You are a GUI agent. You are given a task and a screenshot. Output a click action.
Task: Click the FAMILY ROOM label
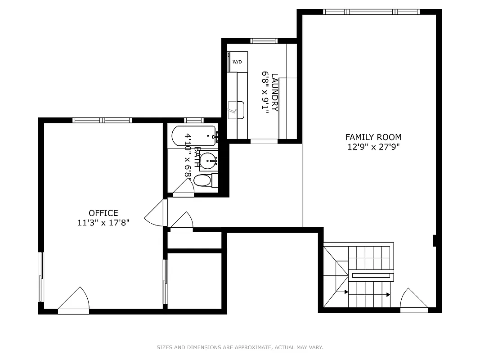[x=373, y=137]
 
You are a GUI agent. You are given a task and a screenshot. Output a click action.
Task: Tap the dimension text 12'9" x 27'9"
[x=373, y=146]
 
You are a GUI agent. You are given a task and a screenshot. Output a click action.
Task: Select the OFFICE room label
[x=103, y=213]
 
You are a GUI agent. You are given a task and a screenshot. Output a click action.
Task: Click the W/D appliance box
[x=238, y=62]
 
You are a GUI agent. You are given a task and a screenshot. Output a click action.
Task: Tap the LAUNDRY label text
[x=275, y=92]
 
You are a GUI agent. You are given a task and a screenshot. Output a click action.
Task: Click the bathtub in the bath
[x=193, y=135]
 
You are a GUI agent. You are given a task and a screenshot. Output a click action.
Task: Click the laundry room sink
[x=236, y=110]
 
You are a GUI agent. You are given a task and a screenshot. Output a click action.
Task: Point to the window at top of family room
[x=371, y=12]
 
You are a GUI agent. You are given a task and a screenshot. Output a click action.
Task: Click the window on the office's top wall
[x=102, y=120]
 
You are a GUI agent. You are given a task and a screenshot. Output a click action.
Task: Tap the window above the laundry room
[x=264, y=41]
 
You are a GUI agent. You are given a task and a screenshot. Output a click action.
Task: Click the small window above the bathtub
[x=194, y=120]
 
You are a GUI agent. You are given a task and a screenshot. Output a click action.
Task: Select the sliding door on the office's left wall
[x=42, y=277]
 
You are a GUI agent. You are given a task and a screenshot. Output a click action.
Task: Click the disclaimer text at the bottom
[x=240, y=347]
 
